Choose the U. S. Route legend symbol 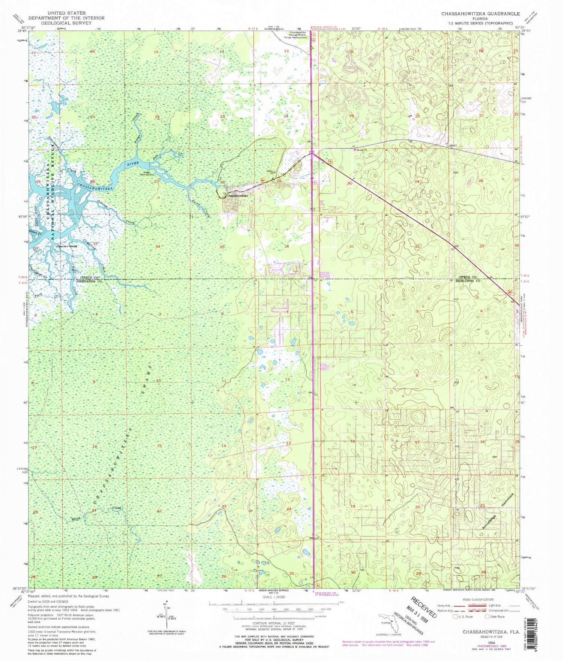point(456,616)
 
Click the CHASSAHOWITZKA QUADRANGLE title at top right point(480,14)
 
